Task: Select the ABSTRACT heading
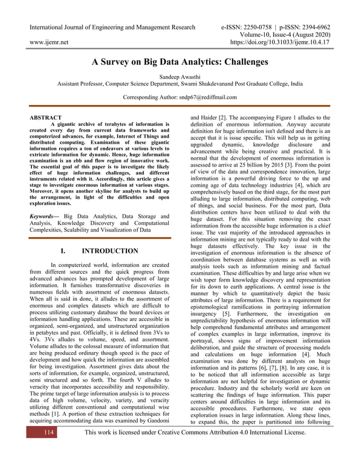click(x=46, y=118)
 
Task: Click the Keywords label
click(x=44, y=216)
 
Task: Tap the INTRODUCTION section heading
click(x=109, y=251)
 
